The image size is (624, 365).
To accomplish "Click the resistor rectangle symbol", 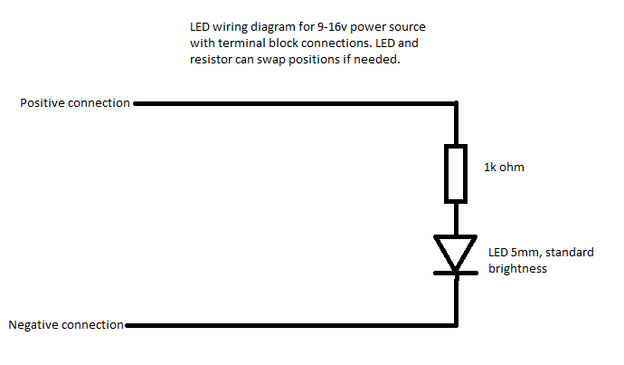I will tap(456, 173).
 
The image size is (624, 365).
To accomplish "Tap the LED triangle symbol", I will tap(455, 250).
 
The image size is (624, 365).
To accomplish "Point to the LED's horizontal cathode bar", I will tap(455, 271).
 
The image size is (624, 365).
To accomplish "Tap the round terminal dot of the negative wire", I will tap(128, 324).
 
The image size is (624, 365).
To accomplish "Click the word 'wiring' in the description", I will tap(232, 27).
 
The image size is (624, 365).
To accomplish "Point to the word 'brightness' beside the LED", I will tap(517, 268).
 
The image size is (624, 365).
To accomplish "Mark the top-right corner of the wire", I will tap(456, 103).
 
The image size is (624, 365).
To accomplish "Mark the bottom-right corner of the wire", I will tap(456, 324).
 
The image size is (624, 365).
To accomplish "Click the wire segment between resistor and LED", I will tap(456, 218).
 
